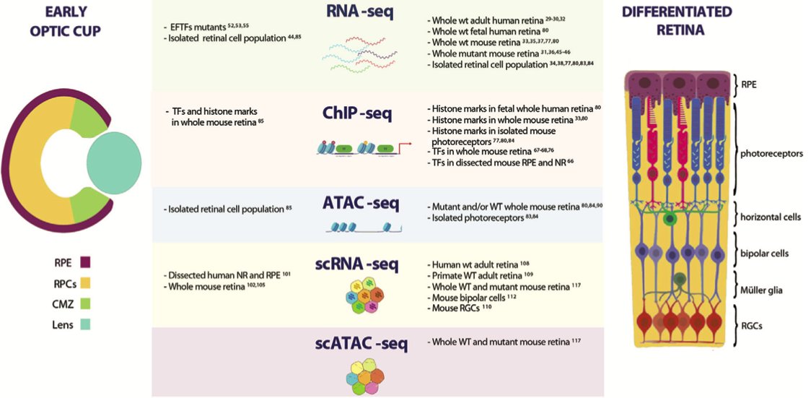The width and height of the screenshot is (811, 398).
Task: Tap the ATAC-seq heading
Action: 361,204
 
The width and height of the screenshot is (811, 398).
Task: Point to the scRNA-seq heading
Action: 361,264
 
